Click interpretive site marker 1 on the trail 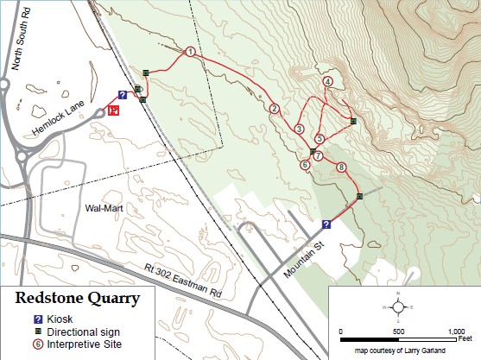(189, 53)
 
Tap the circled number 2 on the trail (274, 109)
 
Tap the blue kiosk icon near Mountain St (326, 224)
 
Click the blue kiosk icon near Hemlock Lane (123, 94)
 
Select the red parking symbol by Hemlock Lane (114, 110)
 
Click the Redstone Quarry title (78, 300)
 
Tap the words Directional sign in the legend (83, 332)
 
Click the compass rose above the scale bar (398, 306)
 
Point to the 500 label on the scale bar (398, 332)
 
